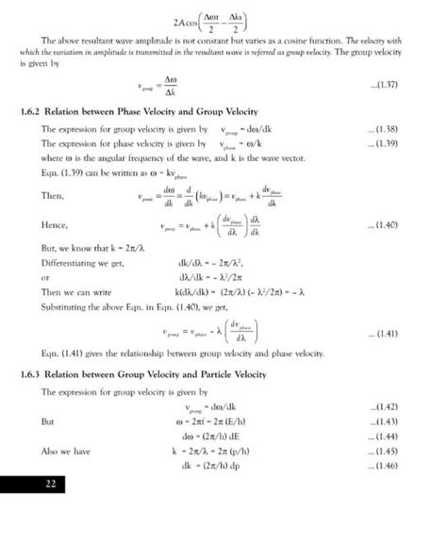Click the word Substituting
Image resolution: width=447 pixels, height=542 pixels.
[68, 305]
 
